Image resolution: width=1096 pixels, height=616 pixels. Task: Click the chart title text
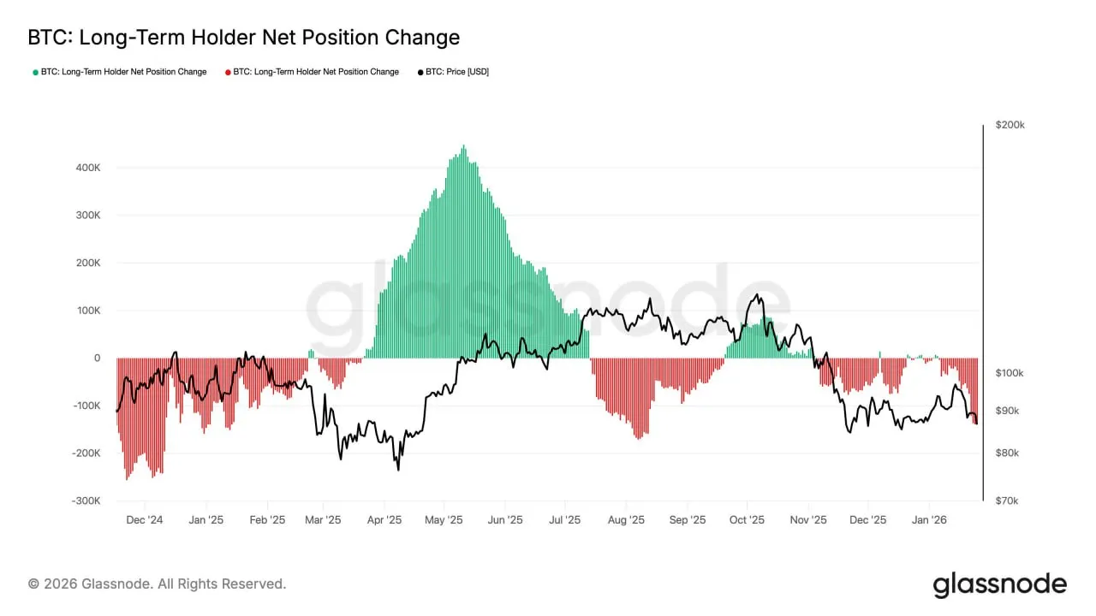point(244,38)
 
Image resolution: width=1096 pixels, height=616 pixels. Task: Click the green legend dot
point(35,72)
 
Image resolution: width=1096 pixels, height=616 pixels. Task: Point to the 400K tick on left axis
point(87,168)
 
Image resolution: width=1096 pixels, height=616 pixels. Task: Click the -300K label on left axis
point(86,501)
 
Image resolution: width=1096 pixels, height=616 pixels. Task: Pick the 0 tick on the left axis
point(97,358)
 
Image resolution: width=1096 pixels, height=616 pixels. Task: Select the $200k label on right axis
point(1010,125)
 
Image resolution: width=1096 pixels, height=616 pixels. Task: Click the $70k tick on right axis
point(1006,501)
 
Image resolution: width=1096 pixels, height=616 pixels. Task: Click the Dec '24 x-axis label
point(144,519)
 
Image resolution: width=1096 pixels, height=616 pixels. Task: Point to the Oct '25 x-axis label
point(747,519)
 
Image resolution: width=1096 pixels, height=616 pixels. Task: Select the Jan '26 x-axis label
point(929,519)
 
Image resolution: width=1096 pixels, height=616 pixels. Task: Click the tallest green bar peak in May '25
point(463,147)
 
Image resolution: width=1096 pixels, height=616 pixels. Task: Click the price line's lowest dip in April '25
point(398,469)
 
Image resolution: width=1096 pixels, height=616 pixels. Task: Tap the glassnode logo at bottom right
point(999,584)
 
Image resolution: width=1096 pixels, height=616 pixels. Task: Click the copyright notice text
point(158,583)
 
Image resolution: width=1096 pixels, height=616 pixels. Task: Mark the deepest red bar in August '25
point(638,438)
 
